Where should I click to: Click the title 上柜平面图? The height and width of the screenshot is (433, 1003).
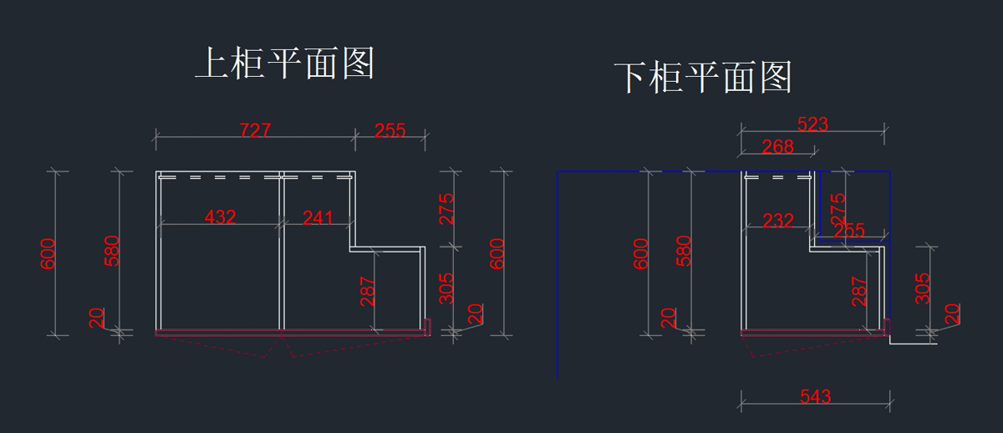point(284,64)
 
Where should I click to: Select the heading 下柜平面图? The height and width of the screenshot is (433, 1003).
point(703,78)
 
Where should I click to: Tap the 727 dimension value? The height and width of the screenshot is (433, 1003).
point(255,130)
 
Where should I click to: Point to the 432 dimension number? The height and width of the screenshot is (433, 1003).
point(220,217)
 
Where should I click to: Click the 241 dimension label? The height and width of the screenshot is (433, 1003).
point(317,217)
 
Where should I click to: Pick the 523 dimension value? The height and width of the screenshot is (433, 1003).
point(812,125)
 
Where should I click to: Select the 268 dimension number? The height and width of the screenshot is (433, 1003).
point(777,146)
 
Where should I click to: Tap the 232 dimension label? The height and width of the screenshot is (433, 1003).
point(778,221)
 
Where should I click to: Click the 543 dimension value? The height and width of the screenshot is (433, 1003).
point(815,396)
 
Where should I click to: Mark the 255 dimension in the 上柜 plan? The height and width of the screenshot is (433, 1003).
point(389,130)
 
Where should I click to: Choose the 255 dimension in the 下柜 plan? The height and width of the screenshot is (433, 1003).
point(849,230)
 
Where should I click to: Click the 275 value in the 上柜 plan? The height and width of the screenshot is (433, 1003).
point(447,209)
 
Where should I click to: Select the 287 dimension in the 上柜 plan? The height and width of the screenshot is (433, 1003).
point(367,291)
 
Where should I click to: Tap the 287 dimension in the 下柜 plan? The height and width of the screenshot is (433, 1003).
point(858,291)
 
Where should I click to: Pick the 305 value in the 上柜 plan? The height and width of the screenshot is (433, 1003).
point(447,288)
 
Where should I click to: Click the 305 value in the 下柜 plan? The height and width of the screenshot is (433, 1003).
point(923,288)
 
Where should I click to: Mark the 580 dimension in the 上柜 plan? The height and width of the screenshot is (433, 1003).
point(112,251)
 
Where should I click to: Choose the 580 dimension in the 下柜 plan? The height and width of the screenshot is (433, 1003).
point(683,251)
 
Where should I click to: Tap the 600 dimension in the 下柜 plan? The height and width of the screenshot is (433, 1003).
point(641,253)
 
